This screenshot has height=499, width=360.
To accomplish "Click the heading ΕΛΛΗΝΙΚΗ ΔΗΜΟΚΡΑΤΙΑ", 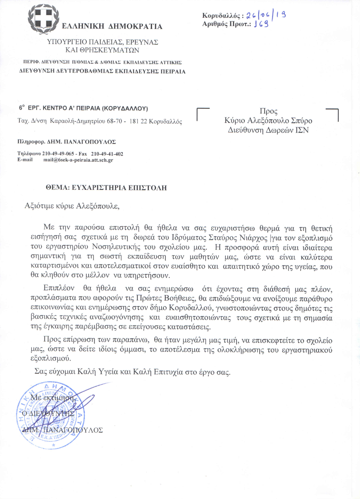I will pyautogui.click(x=112, y=27).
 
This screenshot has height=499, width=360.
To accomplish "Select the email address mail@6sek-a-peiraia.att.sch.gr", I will pyautogui.click(x=78, y=160).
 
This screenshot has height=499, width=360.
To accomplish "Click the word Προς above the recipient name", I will pyautogui.click(x=268, y=111).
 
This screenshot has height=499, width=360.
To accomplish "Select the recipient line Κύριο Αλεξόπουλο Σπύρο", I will pyautogui.click(x=268, y=121).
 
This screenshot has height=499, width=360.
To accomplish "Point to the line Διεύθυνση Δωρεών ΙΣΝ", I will pyautogui.click(x=268, y=129).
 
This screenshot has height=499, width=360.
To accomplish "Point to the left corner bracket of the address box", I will pyautogui.click(x=202, y=114).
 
